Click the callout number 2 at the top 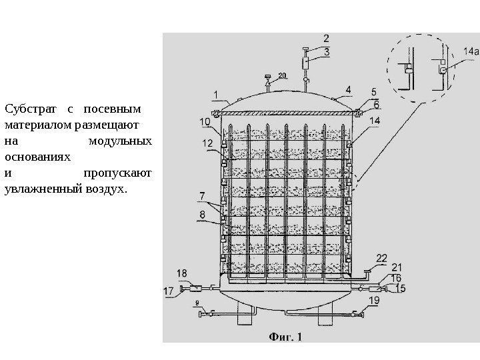[x=326, y=39]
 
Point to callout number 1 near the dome [x=216, y=93]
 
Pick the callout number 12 [x=207, y=143]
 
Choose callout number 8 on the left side [x=202, y=214]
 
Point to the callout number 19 [x=374, y=301]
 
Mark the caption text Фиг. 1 [x=285, y=336]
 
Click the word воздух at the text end [x=106, y=190]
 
